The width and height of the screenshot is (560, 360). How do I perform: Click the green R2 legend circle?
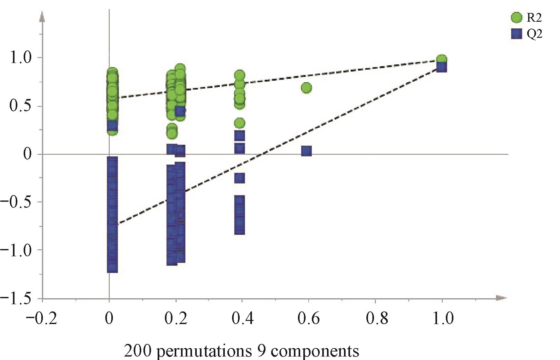tap(516, 18)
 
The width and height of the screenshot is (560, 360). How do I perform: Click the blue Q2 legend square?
tap(516, 34)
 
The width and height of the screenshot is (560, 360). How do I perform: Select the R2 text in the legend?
tap(534, 18)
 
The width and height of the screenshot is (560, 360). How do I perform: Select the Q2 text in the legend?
tap(534, 34)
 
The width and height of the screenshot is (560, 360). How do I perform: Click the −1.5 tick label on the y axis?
tap(17, 299)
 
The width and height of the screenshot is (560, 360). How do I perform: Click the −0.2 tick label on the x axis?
tap(42, 319)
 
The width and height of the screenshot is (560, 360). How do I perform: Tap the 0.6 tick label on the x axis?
tap(308, 319)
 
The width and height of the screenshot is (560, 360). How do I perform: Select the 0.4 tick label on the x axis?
tap(242, 319)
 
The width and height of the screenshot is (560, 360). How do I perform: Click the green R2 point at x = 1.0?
tap(441, 59)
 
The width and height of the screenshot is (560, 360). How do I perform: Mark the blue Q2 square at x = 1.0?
tap(441, 67)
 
